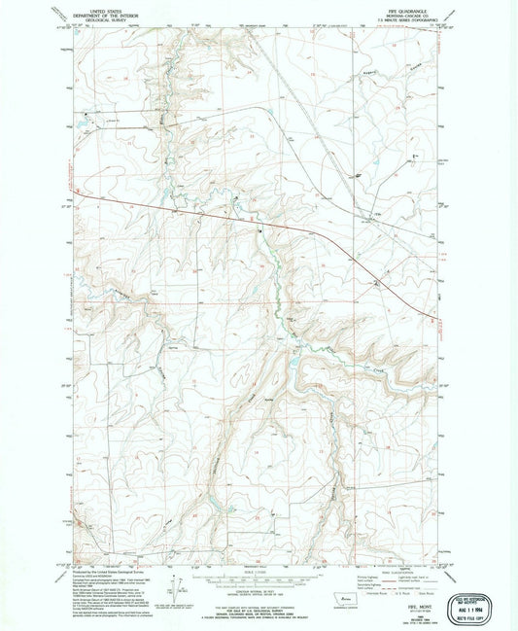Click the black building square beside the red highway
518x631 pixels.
[259, 230]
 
